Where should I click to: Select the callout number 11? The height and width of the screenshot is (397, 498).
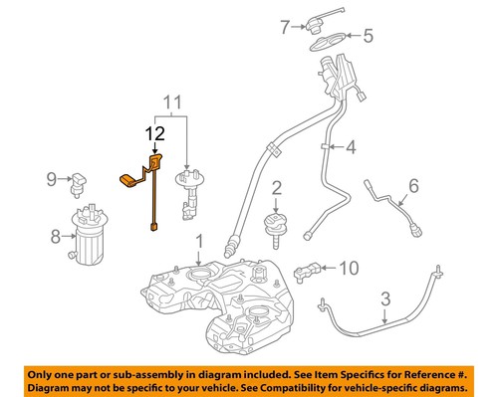tap(173, 102)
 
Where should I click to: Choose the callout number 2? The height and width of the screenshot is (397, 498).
tap(277, 187)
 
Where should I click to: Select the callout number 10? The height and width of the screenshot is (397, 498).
tap(348, 267)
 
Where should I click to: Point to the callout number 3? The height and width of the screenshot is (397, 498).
tap(385, 297)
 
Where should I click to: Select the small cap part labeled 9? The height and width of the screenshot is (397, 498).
tap(80, 180)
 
